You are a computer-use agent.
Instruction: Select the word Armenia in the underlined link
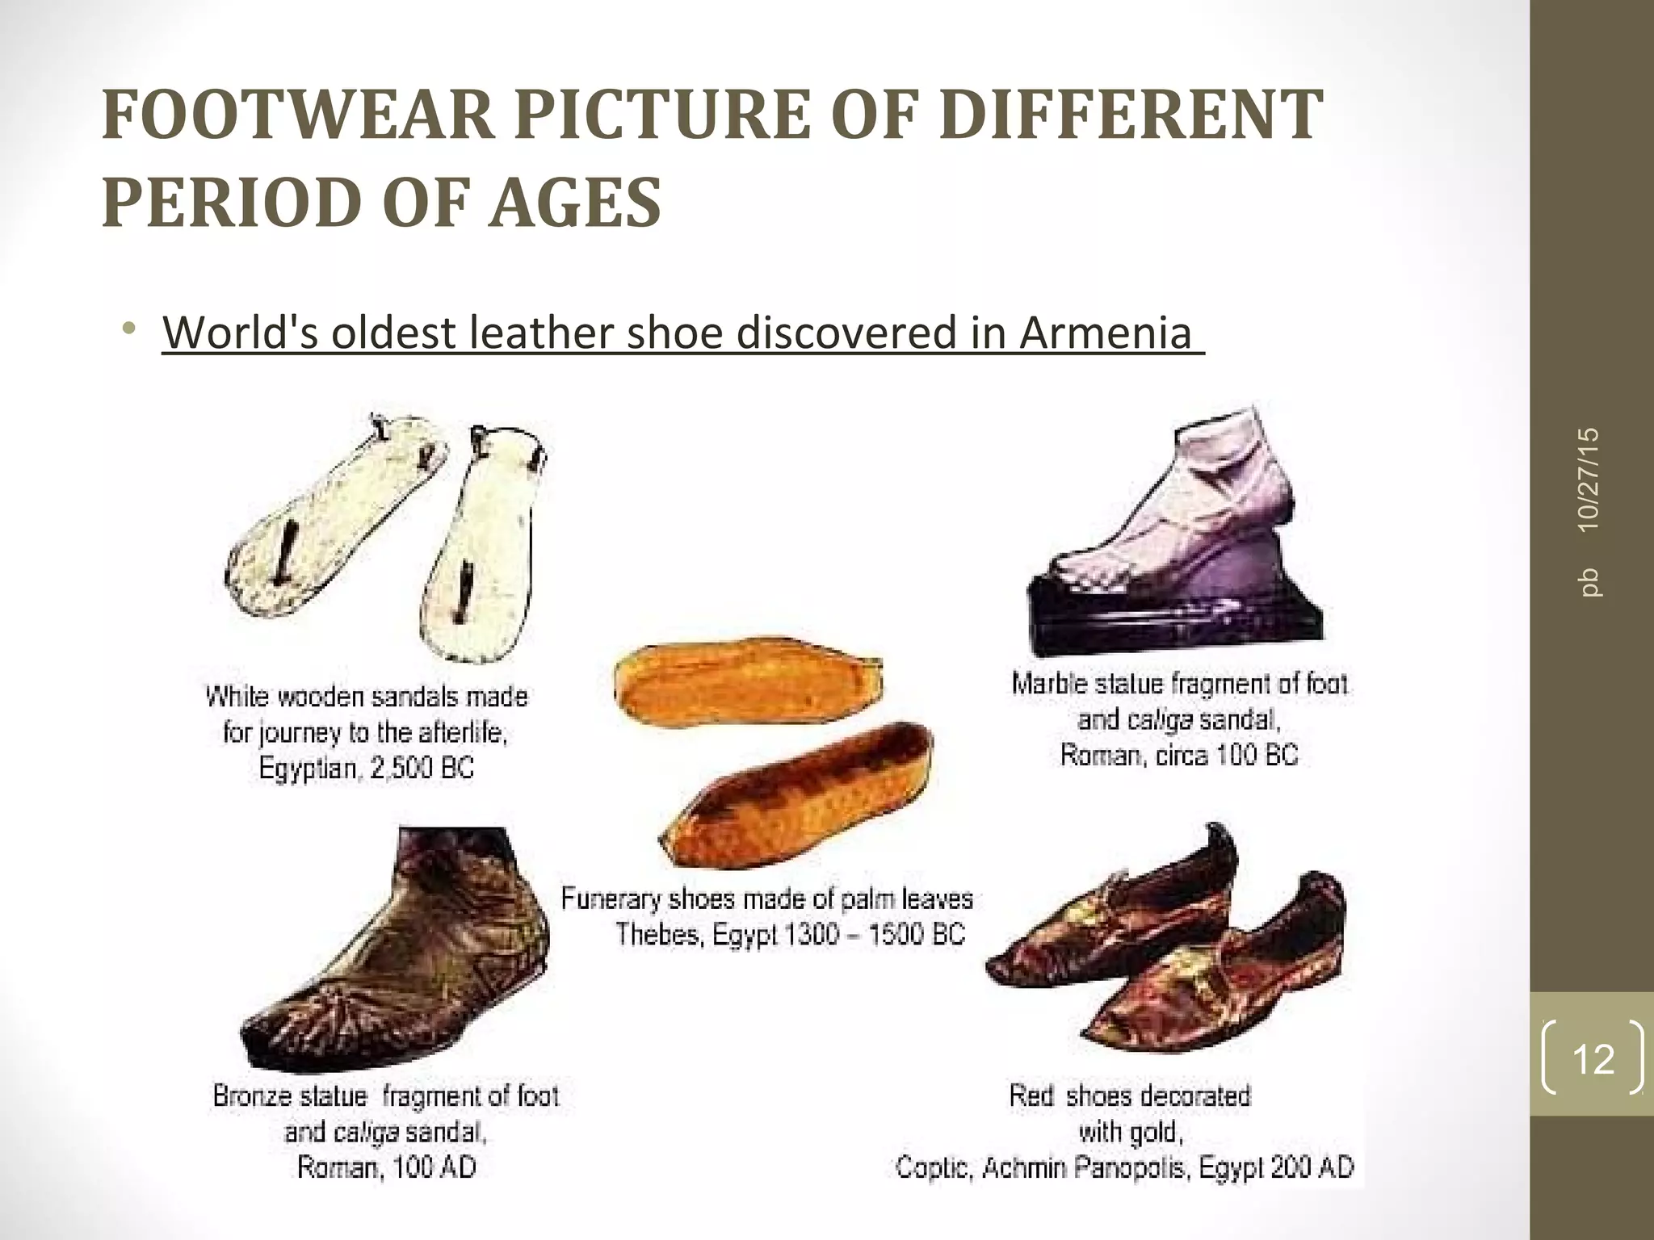coord(1105,332)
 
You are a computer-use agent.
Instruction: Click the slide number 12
coord(1593,1058)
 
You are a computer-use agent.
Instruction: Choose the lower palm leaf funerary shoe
coord(796,795)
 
